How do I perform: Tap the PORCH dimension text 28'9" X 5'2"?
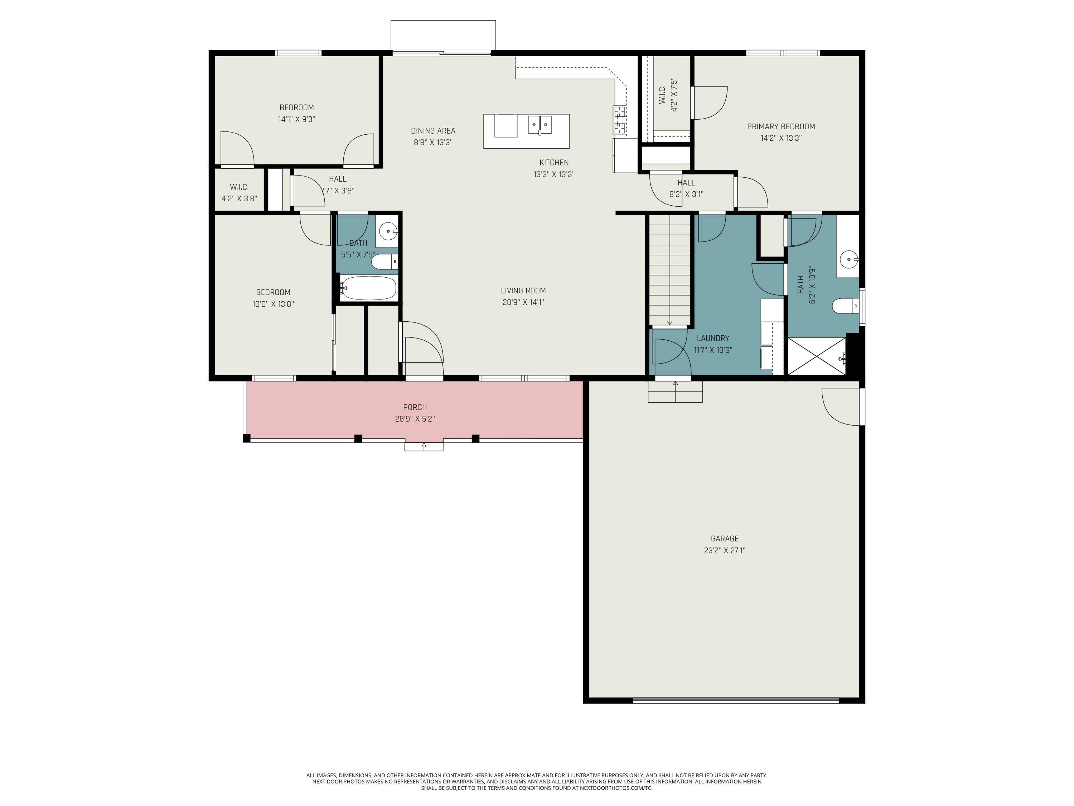click(415, 419)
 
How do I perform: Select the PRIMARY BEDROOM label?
click(781, 126)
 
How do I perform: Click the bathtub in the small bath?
click(368, 288)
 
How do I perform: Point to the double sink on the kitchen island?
click(540, 124)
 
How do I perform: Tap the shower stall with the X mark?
click(816, 356)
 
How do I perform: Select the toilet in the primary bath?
click(845, 306)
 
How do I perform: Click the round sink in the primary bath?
click(849, 259)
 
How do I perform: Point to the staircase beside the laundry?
click(670, 270)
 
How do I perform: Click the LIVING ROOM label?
click(523, 291)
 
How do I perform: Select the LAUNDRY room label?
click(712, 338)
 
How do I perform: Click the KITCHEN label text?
click(553, 162)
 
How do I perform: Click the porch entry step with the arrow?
click(424, 446)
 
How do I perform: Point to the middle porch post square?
click(358, 438)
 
